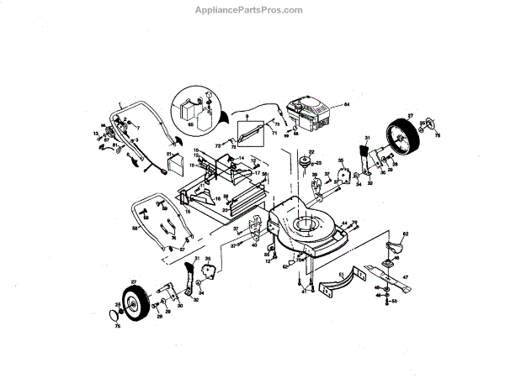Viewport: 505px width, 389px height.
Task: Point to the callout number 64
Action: point(345,104)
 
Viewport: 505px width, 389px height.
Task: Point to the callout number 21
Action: point(169,155)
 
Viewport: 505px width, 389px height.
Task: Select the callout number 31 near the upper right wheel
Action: point(367,137)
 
